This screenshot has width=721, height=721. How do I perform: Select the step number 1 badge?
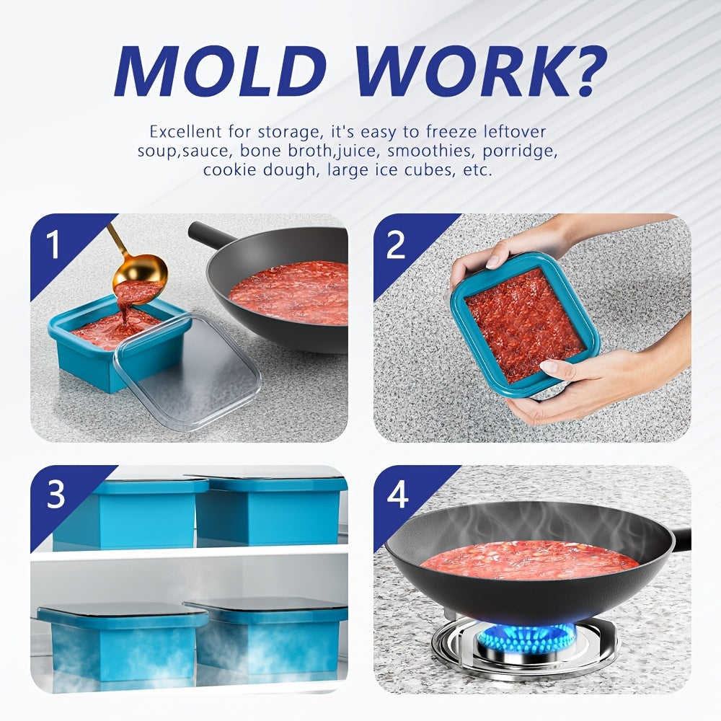pyautogui.click(x=54, y=244)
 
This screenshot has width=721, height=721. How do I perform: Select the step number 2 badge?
pyautogui.click(x=397, y=244)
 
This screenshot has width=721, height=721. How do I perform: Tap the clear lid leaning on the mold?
pyautogui.click(x=186, y=370)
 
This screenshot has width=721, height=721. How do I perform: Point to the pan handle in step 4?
pyautogui.click(x=682, y=539)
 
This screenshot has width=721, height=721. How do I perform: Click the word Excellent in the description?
pyautogui.click(x=185, y=132)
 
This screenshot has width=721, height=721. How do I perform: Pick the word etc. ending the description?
pyautogui.click(x=478, y=170)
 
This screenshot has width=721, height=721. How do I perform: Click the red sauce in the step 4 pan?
pyautogui.click(x=528, y=560)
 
